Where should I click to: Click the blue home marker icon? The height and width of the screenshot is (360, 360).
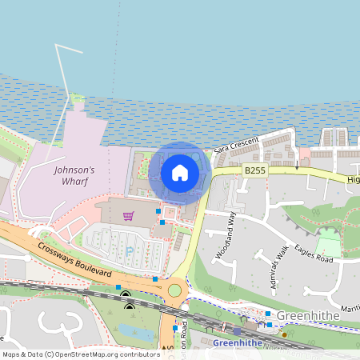[x=180, y=173]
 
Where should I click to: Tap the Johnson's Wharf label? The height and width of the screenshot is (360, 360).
[x=74, y=175]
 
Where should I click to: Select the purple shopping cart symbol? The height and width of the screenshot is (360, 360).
[x=128, y=216]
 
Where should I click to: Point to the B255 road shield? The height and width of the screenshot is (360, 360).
[x=255, y=170]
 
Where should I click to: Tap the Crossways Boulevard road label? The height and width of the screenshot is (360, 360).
[x=74, y=258]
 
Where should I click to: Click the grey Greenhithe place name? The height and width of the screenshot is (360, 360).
[x=308, y=317]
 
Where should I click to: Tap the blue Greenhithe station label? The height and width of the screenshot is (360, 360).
[x=238, y=343]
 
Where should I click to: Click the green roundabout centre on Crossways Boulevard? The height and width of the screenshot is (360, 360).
[x=174, y=289]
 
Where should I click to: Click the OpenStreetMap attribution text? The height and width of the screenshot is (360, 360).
[x=81, y=354]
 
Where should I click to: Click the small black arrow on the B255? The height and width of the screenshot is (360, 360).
[x=297, y=166]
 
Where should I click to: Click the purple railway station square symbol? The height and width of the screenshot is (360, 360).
[x=237, y=330]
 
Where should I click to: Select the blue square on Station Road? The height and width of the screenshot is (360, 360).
[x=174, y=328]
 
